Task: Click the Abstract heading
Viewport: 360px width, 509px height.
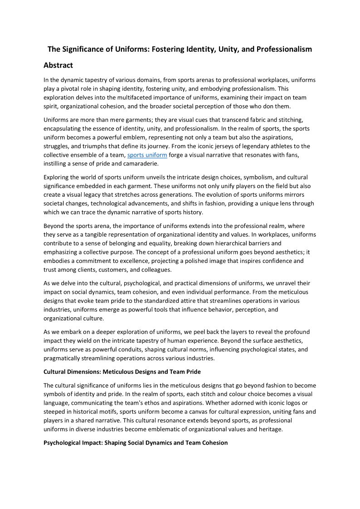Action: (58, 65)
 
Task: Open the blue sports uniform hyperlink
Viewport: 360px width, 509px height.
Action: (147, 155)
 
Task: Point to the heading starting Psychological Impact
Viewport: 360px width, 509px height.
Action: (136, 442)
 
